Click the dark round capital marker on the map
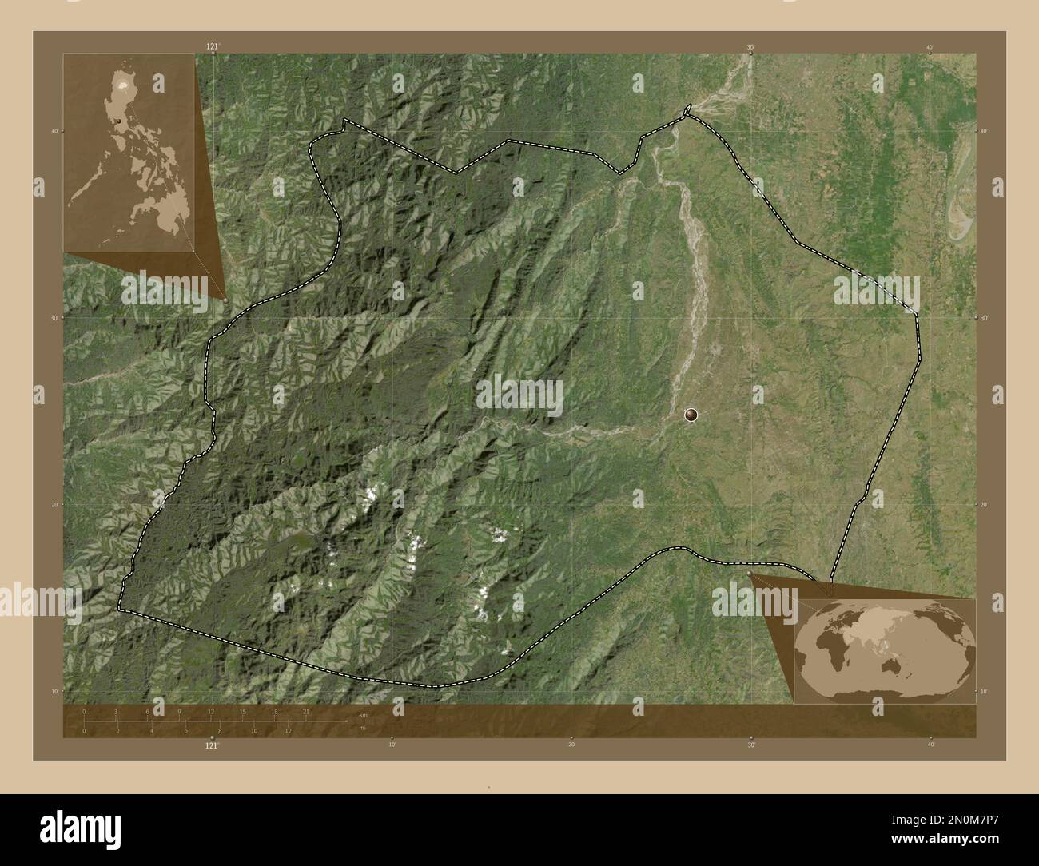pyautogui.click(x=691, y=415)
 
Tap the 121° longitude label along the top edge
pyautogui.click(x=212, y=47)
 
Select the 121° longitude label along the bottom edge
pyautogui.click(x=212, y=745)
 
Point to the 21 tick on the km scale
pyautogui.click(x=306, y=711)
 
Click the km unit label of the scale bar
pyautogui.click(x=363, y=715)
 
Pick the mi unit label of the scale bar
pyautogui.click(x=362, y=728)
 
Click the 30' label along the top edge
pyautogui.click(x=750, y=47)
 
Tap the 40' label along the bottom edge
pyautogui.click(x=930, y=745)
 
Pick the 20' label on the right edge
pyautogui.click(x=984, y=504)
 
